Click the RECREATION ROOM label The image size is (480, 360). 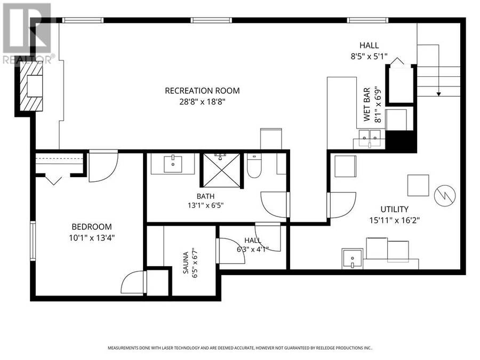(x=202, y=91)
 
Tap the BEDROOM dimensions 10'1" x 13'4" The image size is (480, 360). (x=92, y=238)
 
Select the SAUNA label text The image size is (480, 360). (x=186, y=262)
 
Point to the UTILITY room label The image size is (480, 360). (x=394, y=209)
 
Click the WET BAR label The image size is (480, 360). (x=367, y=105)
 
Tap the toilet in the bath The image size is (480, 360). (x=254, y=166)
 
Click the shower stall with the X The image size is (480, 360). (x=222, y=170)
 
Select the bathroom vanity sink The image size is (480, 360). (x=173, y=164)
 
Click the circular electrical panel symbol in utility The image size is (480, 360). (x=445, y=195)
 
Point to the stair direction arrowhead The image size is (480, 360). (x=439, y=94)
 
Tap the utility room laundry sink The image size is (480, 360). (x=353, y=259)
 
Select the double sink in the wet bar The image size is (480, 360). (x=370, y=138)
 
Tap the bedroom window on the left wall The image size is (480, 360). (x=33, y=241)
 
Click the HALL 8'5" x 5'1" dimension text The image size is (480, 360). (x=369, y=57)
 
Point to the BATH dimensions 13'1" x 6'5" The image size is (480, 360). (x=206, y=205)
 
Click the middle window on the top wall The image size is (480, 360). (x=211, y=20)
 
